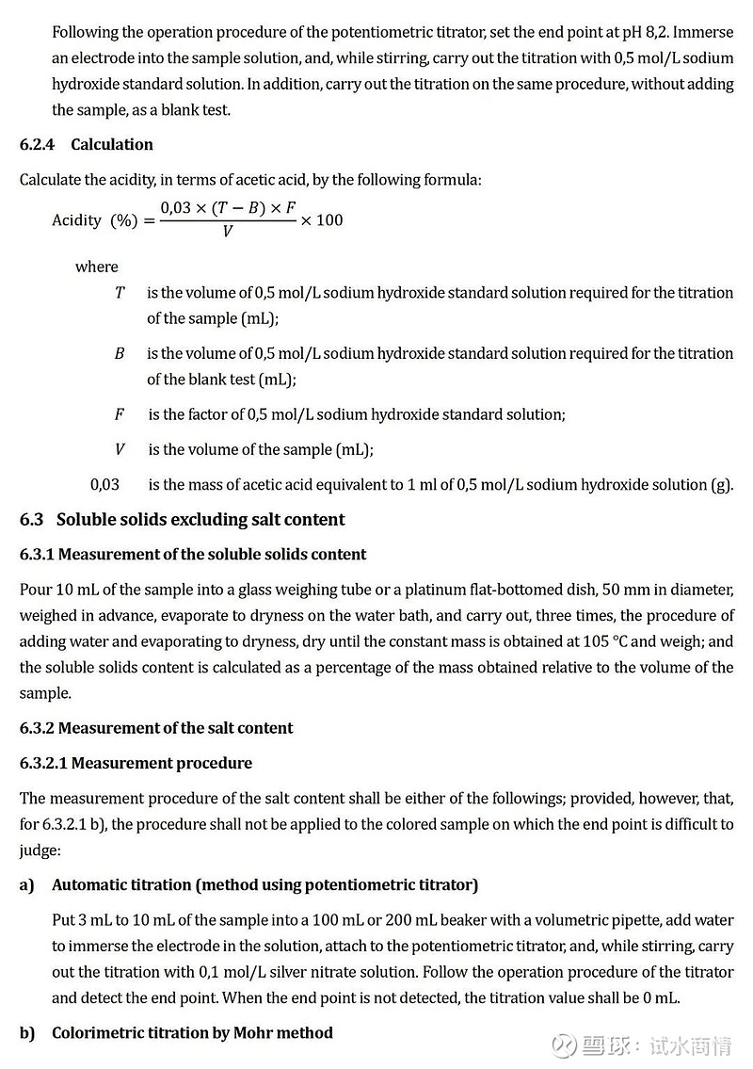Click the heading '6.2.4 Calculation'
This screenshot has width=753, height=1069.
pos(86,144)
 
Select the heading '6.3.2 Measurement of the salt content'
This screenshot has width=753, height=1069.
pos(155,728)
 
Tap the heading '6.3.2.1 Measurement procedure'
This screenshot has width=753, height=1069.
pos(136,763)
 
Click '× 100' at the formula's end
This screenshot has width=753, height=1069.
pos(321,220)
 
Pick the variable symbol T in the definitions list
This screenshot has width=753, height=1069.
pos(120,293)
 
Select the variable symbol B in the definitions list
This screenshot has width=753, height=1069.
pos(120,354)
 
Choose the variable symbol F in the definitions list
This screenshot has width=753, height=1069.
pos(120,414)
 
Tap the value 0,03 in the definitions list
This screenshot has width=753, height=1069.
pos(104,484)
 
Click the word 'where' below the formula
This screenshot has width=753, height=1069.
pos(97,267)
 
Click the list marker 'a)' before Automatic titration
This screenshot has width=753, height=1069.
pos(26,884)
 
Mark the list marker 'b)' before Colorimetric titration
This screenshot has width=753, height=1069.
pos(26,1033)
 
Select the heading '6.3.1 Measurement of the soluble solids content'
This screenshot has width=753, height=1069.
pos(193,554)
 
